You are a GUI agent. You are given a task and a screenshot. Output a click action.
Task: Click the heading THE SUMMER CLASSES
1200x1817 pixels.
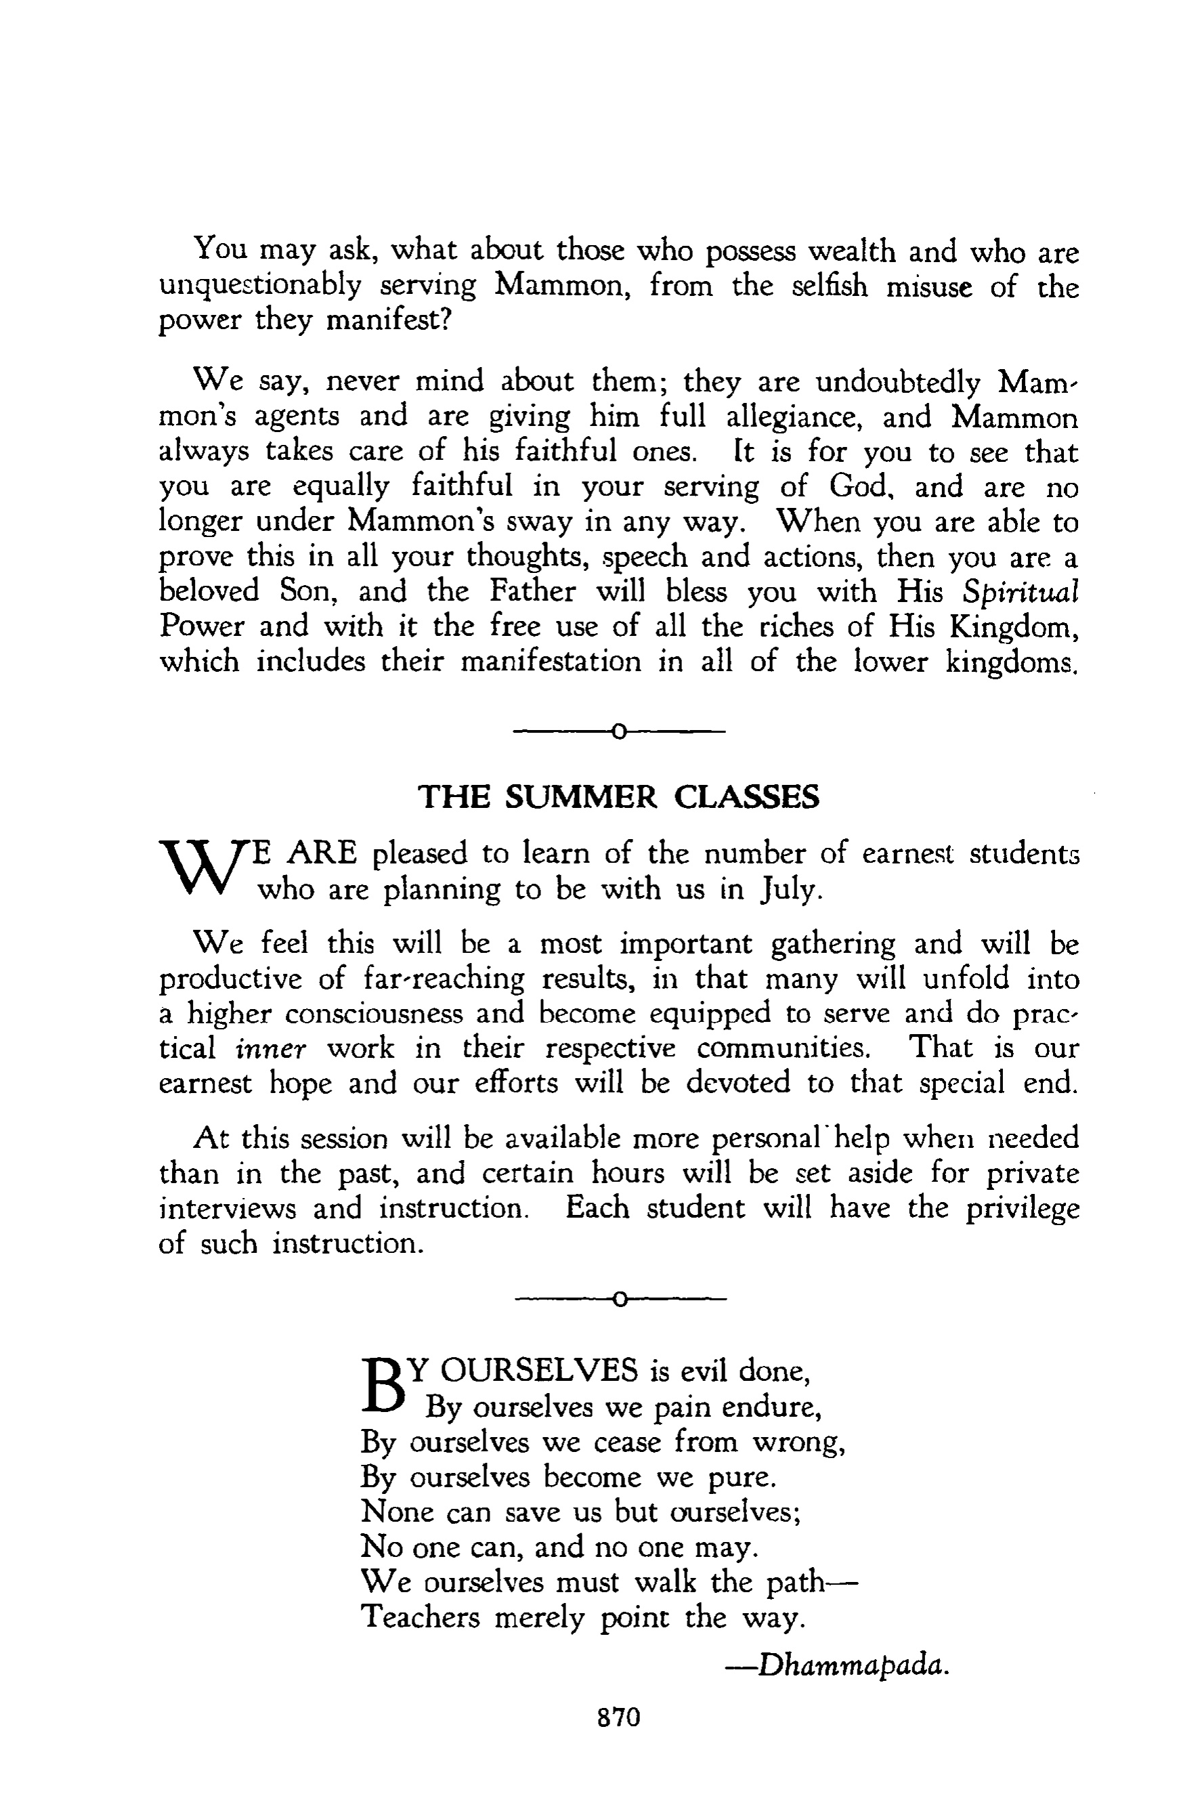pos(618,798)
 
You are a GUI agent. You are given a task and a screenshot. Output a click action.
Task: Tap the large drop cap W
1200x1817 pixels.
pos(204,870)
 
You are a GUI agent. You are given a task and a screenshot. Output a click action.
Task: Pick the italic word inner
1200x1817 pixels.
pos(271,1048)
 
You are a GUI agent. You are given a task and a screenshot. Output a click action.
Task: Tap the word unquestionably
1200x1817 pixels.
pos(260,286)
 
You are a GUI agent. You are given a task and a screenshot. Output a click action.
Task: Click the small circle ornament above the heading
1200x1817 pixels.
pos(619,733)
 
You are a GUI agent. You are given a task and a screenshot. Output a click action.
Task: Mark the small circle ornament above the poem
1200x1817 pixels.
pos(619,1298)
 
